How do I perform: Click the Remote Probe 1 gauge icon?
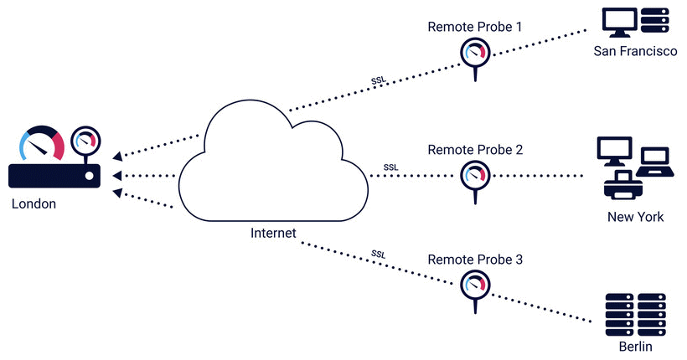click(x=475, y=54)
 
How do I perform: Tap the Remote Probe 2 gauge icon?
click(x=475, y=177)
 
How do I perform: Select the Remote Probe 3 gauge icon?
click(x=475, y=285)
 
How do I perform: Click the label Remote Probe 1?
click(x=475, y=27)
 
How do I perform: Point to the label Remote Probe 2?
click(x=475, y=150)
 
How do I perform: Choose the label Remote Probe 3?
click(x=475, y=260)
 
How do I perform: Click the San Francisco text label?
click(x=635, y=51)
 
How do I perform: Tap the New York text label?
click(x=635, y=217)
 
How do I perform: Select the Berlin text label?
click(x=634, y=347)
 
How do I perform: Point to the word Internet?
click(x=273, y=232)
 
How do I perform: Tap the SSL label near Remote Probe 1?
click(x=379, y=81)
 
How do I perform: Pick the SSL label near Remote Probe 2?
click(x=390, y=167)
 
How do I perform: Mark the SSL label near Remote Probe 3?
click(x=379, y=254)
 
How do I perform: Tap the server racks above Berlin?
click(x=635, y=312)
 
